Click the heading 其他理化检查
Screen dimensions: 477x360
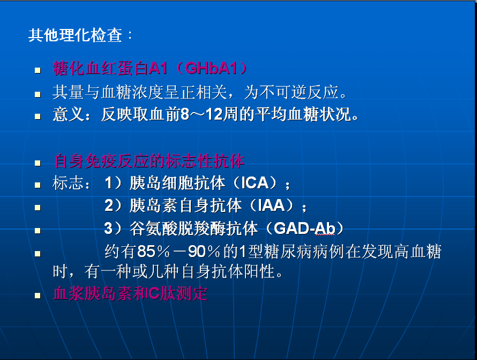pyautogui.click(x=75, y=35)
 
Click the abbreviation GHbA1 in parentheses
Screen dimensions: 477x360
pyautogui.click(x=211, y=68)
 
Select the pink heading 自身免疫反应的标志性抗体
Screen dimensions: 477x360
pyautogui.click(x=149, y=161)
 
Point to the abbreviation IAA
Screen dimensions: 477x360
pyautogui.click(x=271, y=205)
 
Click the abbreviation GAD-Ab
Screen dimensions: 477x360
pyautogui.click(x=304, y=228)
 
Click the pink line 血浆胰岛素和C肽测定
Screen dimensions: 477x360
pyautogui.click(x=130, y=293)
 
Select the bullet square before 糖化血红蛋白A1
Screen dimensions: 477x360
pyautogui.click(x=38, y=71)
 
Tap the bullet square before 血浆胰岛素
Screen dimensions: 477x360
pyautogui.click(x=38, y=296)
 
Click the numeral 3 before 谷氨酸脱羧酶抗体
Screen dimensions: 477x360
pyautogui.click(x=108, y=228)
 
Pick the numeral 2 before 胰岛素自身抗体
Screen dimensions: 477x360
pyautogui.click(x=109, y=205)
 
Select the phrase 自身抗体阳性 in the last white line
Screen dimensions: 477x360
pyautogui.click(x=228, y=271)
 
